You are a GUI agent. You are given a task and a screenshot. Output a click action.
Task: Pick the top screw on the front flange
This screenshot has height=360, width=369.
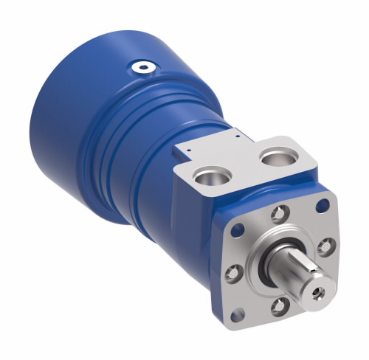click(x=277, y=215)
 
